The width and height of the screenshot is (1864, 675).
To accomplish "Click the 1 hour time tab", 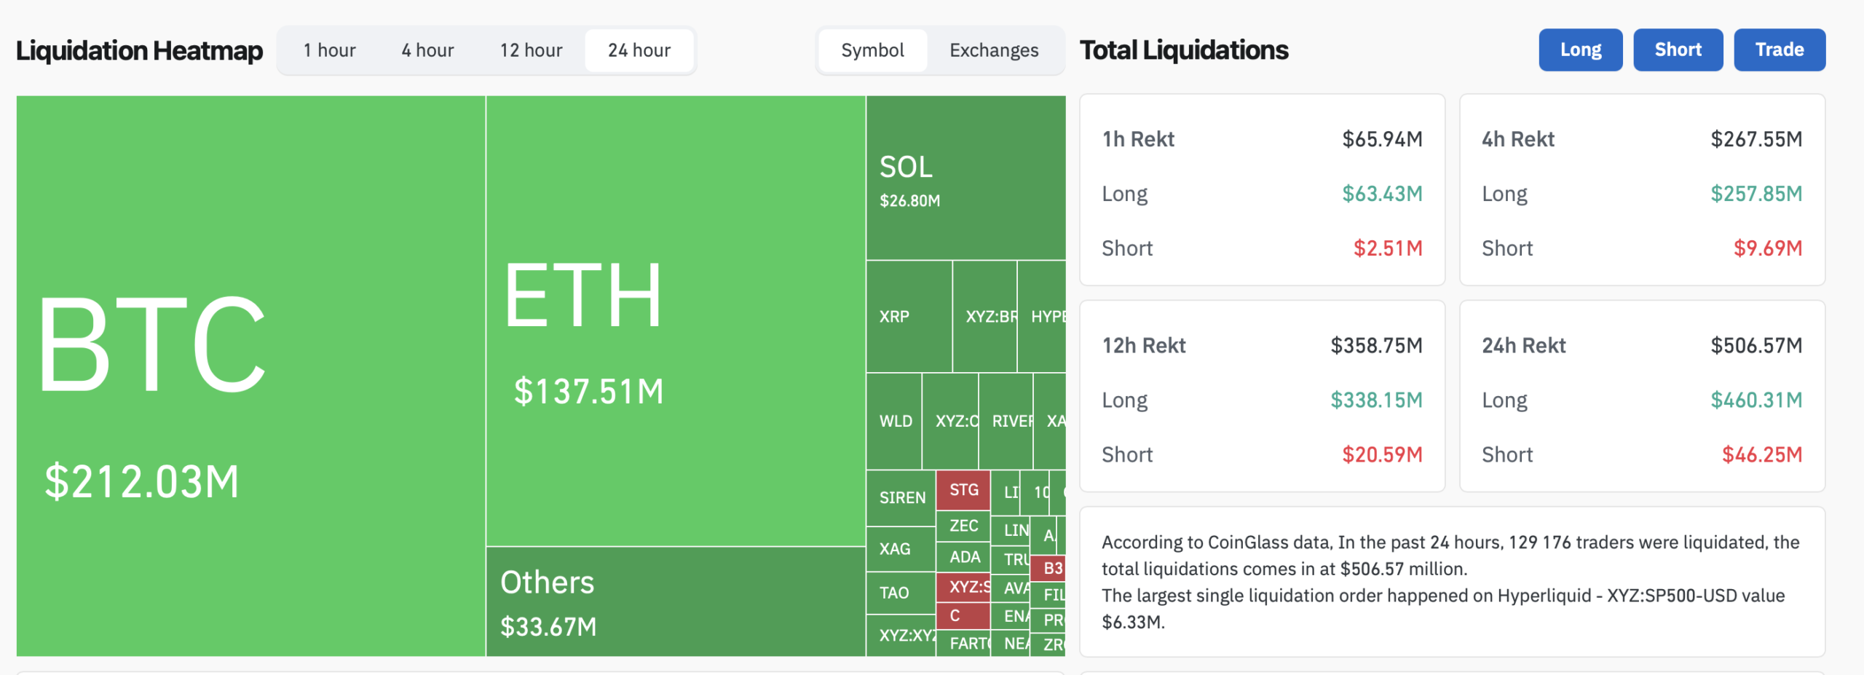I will pyautogui.click(x=329, y=50).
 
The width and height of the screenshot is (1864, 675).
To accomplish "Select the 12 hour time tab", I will pyautogui.click(x=531, y=50).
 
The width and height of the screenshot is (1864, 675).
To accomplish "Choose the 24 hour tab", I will pyautogui.click(x=639, y=50).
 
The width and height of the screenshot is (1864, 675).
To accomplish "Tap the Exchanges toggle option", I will pyautogui.click(x=994, y=50).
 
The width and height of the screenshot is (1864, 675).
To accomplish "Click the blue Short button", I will pyautogui.click(x=1678, y=50).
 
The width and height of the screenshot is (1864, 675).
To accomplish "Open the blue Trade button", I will pyautogui.click(x=1779, y=50).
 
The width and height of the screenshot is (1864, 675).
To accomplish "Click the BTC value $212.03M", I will pyautogui.click(x=142, y=481).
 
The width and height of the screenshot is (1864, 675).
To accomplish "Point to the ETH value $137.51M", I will pyautogui.click(x=588, y=391).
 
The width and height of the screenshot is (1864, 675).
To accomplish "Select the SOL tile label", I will pyautogui.click(x=906, y=167).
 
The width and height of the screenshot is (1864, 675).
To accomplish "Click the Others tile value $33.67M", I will pyautogui.click(x=548, y=626).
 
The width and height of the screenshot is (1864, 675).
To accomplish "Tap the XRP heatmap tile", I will pyautogui.click(x=908, y=317).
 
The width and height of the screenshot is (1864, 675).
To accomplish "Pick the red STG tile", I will pyautogui.click(x=963, y=490).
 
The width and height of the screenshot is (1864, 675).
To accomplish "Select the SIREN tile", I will pyautogui.click(x=901, y=497).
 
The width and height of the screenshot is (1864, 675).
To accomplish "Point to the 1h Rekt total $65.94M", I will pyautogui.click(x=1381, y=139).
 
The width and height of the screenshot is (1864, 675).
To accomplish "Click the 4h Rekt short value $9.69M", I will pyautogui.click(x=1767, y=248).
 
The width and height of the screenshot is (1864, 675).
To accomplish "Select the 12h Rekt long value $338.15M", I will pyautogui.click(x=1375, y=400).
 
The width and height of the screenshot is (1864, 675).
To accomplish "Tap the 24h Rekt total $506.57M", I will pyautogui.click(x=1756, y=345).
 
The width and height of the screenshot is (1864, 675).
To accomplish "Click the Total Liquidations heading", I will pyautogui.click(x=1183, y=50).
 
